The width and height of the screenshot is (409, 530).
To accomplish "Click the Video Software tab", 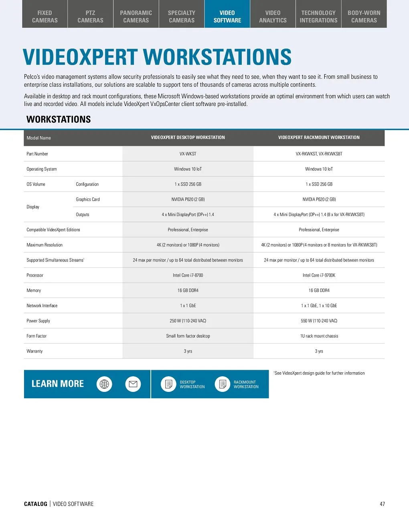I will point(227,16).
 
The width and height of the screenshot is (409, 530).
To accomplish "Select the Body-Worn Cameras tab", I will point(364,16).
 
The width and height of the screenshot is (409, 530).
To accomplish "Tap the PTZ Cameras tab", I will point(90,16).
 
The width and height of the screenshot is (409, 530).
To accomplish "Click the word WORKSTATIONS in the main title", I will point(217,57).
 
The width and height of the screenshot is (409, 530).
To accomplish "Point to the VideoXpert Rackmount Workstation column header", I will point(319,137).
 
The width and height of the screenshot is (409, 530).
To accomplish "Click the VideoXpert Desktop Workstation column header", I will point(188,137).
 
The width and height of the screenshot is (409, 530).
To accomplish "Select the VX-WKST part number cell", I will point(188,154).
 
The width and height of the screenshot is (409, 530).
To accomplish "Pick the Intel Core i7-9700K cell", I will point(319,275).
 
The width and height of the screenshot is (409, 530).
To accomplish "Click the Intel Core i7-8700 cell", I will point(188,275).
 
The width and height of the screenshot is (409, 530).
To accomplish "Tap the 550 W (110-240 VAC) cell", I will point(319,321).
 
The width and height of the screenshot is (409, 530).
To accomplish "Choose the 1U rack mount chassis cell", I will point(319,336).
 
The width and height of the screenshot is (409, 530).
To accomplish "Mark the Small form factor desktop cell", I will point(188,336).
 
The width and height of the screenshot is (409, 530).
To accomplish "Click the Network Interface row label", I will point(42,306).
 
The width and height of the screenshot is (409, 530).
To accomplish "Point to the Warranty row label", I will point(34,351).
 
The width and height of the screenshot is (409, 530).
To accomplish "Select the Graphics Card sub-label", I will point(88,200).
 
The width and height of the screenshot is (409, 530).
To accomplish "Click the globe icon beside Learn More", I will point(104,384).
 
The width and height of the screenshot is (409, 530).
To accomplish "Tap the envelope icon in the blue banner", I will point(133,384).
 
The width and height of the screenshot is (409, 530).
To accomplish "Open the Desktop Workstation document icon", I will point(169,384).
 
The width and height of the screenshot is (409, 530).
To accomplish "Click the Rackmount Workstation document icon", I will point(223,384).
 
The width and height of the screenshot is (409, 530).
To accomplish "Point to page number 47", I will point(382,504).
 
